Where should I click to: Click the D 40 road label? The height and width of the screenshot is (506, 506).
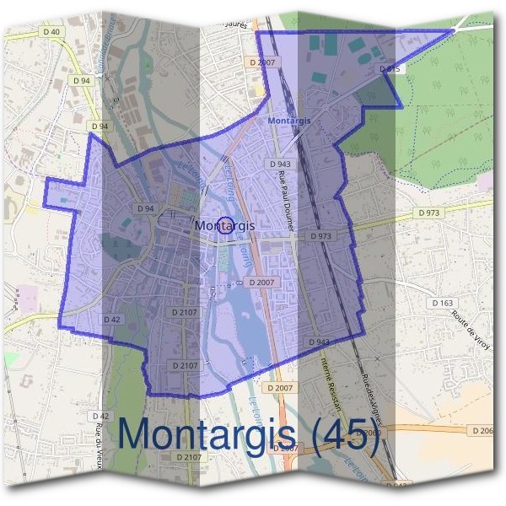pos(51,32)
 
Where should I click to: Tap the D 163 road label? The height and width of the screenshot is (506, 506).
pos(442,303)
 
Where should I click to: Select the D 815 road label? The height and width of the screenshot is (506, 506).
pos(389,68)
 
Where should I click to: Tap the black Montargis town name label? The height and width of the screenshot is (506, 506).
pos(201,225)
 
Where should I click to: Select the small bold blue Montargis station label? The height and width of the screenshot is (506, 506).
pos(289,121)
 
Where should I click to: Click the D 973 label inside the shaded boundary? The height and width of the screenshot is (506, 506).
pos(320,237)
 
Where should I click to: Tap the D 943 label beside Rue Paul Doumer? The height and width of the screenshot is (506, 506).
pos(280,164)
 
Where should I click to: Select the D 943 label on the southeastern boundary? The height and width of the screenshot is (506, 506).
pos(319,342)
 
